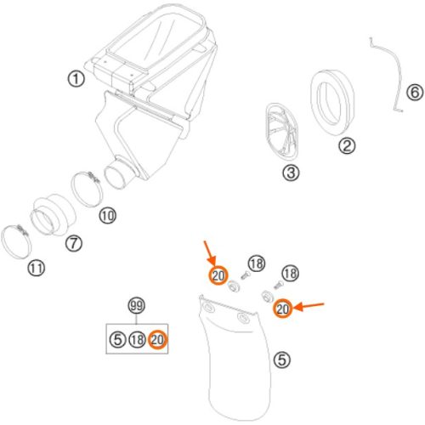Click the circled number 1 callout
pyautogui.click(x=76, y=79)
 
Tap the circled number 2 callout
pyautogui.click(x=347, y=145)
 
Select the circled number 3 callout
pyautogui.click(x=291, y=173)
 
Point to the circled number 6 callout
pyautogui.click(x=415, y=92)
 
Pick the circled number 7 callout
pyautogui.click(x=74, y=243)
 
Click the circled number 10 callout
pyautogui.click(x=108, y=216)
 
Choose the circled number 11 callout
pyautogui.click(x=37, y=268)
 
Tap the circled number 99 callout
pyautogui.click(x=137, y=306)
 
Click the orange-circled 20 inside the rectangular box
pyautogui.click(x=158, y=339)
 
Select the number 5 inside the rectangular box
pyautogui.click(x=117, y=339)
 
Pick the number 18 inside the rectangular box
pyautogui.click(x=138, y=339)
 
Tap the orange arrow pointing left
pyautogui.click(x=309, y=306)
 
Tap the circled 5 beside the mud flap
pyautogui.click(x=282, y=360)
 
